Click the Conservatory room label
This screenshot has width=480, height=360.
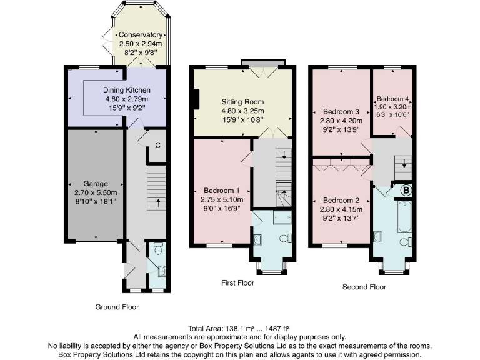coord(140,35)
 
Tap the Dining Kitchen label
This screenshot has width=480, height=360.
coord(126,90)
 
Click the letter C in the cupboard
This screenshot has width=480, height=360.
coord(157,146)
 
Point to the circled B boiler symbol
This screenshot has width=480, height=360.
coord(405,191)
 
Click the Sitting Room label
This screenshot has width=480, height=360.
coord(242,101)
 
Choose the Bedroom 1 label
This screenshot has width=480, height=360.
coord(222,190)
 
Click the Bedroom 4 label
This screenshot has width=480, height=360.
coord(392,99)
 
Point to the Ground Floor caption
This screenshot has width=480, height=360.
coord(117,307)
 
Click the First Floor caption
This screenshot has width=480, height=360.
coord(237,282)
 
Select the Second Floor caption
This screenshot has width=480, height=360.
coord(364,287)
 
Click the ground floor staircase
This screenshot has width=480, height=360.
coord(156,187)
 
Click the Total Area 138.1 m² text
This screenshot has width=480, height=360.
coord(240,328)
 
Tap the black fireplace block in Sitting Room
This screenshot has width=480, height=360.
coord(196,99)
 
